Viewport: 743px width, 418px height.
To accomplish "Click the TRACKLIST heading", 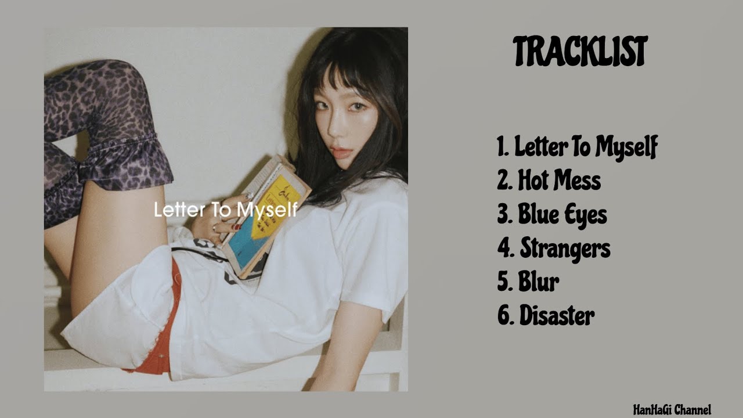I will (580, 52).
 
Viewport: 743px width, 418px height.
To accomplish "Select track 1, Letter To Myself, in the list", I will (577, 147).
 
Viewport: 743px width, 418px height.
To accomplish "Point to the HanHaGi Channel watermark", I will (672, 410).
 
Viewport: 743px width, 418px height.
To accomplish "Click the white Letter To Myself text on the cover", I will (226, 210).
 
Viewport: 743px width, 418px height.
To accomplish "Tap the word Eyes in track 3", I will (585, 215).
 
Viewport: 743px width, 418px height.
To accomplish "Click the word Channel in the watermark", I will (692, 410).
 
